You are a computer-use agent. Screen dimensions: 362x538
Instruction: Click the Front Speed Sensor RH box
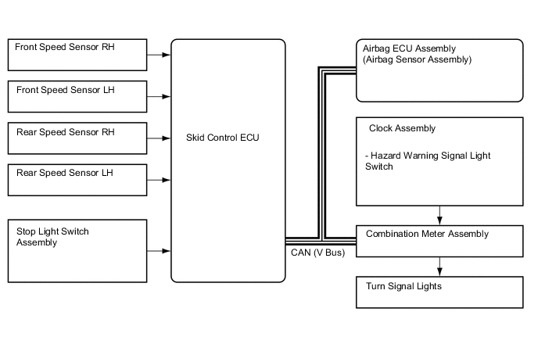(76, 55)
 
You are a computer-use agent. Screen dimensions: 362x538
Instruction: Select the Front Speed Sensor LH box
(76, 97)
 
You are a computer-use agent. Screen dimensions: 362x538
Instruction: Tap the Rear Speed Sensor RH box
(76, 138)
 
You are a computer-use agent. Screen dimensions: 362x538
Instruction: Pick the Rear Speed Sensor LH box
(76, 180)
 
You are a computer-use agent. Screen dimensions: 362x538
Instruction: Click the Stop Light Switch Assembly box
(76, 250)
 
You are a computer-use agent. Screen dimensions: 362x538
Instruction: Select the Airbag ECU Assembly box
(439, 71)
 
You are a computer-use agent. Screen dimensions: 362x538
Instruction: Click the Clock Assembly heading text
(400, 128)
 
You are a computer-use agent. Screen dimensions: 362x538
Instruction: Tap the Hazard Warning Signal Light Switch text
(427, 161)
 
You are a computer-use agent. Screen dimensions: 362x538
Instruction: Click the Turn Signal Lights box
(439, 292)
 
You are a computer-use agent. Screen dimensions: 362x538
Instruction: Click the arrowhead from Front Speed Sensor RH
(167, 56)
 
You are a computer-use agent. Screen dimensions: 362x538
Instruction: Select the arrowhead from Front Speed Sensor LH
(167, 97)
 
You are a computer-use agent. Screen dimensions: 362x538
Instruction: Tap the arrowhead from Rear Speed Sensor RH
(167, 138)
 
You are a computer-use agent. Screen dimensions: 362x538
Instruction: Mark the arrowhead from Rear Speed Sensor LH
(167, 180)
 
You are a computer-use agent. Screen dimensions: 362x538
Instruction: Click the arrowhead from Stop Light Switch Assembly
(167, 251)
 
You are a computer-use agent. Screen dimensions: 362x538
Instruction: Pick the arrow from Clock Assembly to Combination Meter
(440, 217)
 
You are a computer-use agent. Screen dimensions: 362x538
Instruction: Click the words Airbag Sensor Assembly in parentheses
(418, 59)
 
